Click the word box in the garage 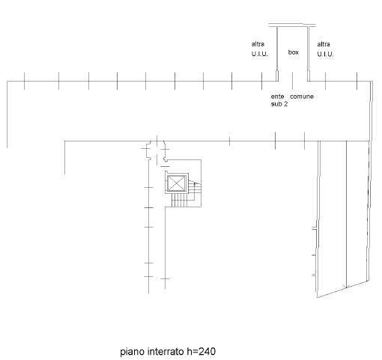click(294, 52)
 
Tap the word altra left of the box click(258, 44)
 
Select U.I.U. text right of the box click(325, 54)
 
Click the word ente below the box click(277, 97)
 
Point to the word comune click(302, 97)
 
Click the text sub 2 click(279, 104)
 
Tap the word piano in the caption click(133, 352)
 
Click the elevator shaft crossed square click(177, 183)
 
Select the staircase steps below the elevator click(179, 200)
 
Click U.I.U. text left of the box click(260, 54)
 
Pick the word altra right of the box click(324, 44)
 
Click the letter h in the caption click(189, 352)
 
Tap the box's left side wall click(277, 54)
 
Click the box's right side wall click(309, 54)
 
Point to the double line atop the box click(292, 25)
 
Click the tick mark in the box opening click(293, 81)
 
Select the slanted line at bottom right click(343, 289)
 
